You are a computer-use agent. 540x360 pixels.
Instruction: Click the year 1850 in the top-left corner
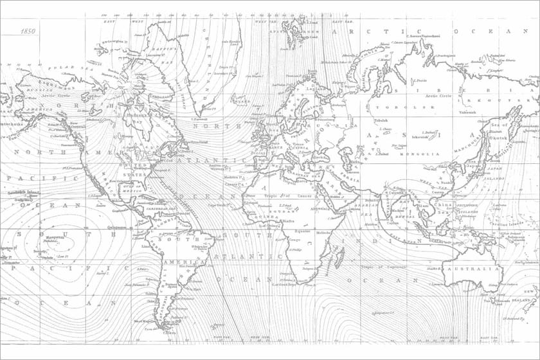coord(28,30)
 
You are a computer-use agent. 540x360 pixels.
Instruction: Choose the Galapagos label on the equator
coord(117,227)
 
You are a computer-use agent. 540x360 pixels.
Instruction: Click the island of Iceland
coord(239,101)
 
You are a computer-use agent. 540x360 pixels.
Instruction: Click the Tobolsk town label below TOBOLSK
coord(382,120)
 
